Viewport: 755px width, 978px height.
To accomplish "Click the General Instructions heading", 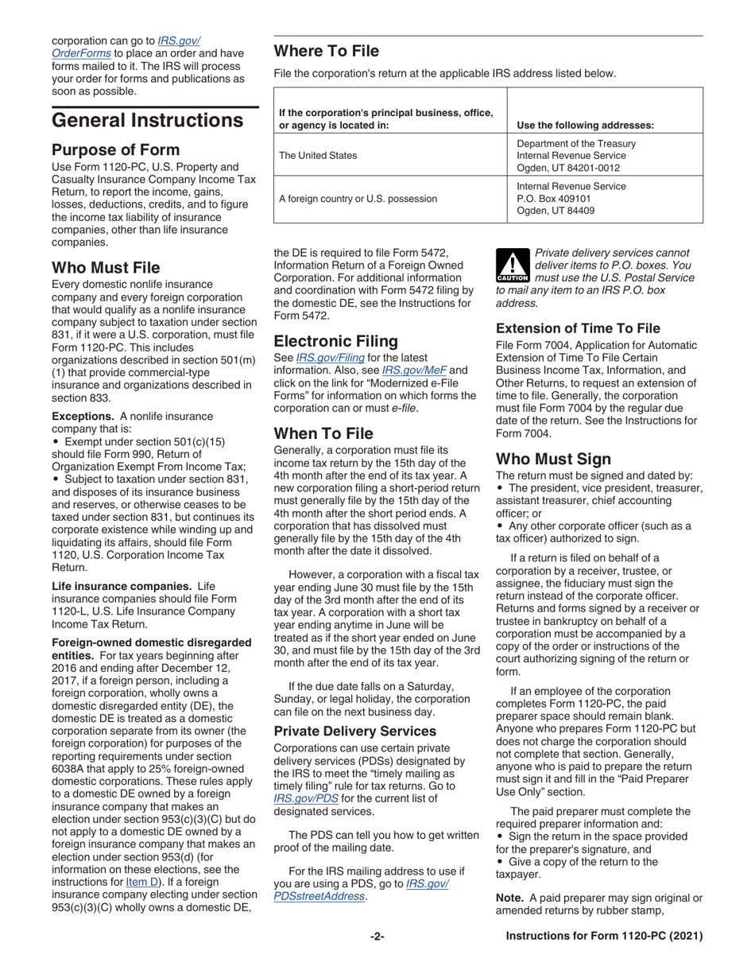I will point(147,121).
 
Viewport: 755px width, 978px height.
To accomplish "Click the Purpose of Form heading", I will point(115,149).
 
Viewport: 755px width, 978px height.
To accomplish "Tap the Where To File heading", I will point(326,52).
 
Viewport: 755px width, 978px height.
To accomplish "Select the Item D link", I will point(144,882).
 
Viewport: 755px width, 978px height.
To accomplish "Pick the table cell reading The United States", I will point(318,156).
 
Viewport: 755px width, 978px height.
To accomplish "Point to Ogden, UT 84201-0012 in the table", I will point(567,168).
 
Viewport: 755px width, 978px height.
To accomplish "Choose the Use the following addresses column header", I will point(585,125).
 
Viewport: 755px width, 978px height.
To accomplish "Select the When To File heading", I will point(323,433).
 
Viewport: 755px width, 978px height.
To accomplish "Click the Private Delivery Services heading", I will point(354,731).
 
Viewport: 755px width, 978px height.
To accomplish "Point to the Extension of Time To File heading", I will point(578,328).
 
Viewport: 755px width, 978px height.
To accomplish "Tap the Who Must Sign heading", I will point(553,459).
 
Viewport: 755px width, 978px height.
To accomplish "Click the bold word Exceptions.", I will point(83,416).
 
